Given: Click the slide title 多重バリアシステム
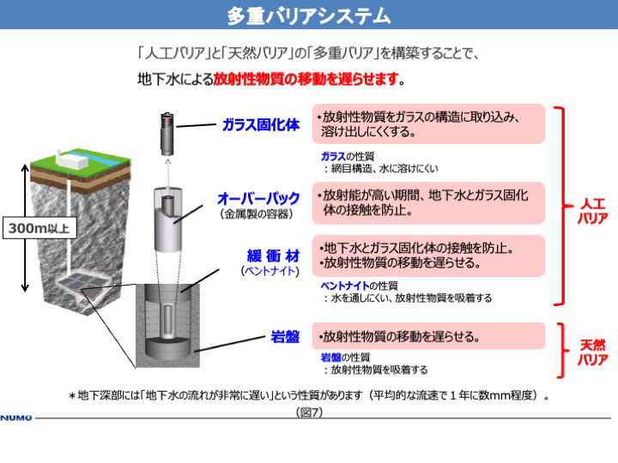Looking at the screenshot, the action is [x=309, y=16].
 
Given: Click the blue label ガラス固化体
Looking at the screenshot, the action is [x=261, y=125].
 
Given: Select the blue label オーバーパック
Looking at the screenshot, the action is [x=258, y=198].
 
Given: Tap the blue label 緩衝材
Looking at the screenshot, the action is [x=273, y=256].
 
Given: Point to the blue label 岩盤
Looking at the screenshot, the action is [x=285, y=337].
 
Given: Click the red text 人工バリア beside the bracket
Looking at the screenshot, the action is [x=593, y=211].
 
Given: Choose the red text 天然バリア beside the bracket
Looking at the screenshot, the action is [x=593, y=352].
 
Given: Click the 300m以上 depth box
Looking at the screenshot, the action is [x=39, y=228].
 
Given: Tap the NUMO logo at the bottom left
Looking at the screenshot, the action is [x=16, y=418].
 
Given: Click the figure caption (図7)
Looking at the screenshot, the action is [x=309, y=412].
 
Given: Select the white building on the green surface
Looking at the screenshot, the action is [x=72, y=159].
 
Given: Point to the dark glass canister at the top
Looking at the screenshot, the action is [x=167, y=134].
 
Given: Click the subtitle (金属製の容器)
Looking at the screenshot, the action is [x=257, y=213].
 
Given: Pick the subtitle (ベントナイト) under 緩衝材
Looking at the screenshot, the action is [x=270, y=271].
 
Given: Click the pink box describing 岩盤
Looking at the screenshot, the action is [x=428, y=336].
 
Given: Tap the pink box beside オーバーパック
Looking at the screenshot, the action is [x=428, y=202].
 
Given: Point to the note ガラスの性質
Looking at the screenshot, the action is [x=348, y=156].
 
